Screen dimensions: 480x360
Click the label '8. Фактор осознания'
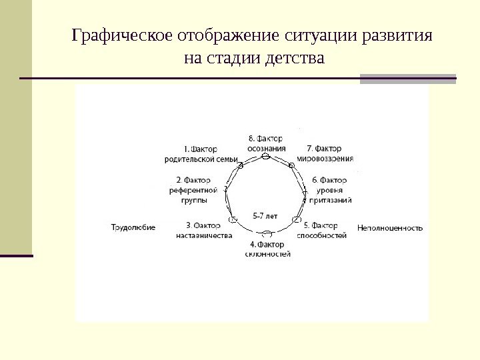(x=266, y=143)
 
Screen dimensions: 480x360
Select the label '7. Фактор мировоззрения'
(x=324, y=153)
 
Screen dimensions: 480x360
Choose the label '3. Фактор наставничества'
(x=204, y=230)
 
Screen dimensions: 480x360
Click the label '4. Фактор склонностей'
(x=267, y=249)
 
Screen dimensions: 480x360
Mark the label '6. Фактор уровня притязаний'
(x=329, y=189)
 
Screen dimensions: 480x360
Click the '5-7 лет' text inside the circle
(x=265, y=216)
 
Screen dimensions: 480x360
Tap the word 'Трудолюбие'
(x=133, y=227)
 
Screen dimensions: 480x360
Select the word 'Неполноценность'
(x=390, y=227)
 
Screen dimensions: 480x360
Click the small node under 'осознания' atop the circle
(x=265, y=156)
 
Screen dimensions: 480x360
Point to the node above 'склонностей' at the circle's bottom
(x=267, y=234)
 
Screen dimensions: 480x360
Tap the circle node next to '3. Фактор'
(x=233, y=219)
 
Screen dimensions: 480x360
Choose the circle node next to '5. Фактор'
(x=298, y=219)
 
